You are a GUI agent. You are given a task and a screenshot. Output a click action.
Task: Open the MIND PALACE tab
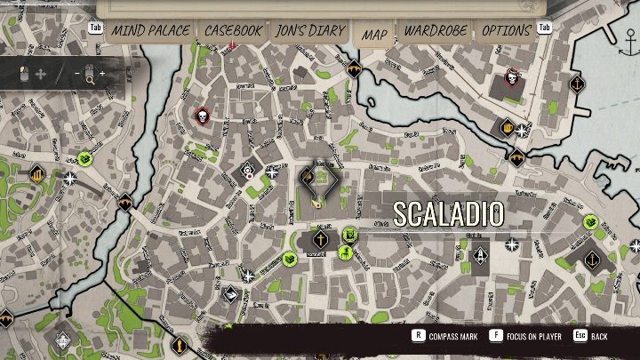pos(150,30)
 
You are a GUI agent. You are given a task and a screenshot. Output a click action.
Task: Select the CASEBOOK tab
pos(233,30)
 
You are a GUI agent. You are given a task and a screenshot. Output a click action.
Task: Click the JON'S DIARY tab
pos(309,30)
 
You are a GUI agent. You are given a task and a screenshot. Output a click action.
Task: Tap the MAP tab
pos(374,35)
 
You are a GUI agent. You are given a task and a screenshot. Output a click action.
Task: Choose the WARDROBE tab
pos(436,30)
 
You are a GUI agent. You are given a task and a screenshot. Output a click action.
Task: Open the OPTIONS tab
pos(506,30)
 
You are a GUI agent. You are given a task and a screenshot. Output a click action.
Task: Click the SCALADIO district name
pos(448,213)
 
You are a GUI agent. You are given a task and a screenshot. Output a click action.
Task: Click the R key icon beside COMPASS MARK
pos(417,337)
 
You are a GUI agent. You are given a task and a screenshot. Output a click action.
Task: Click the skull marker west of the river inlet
pos(202,116)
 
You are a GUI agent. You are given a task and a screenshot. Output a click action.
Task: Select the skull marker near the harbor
pos(512,77)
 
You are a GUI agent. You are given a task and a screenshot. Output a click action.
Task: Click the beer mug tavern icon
pos(508,127)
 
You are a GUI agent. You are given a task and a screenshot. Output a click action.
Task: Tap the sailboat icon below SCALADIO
pos(481,255)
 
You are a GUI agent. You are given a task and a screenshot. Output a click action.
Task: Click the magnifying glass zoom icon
pos(89,74)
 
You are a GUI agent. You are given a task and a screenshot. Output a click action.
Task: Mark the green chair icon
pos(350,236)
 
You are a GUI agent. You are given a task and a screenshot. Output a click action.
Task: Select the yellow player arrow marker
pos(316,204)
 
